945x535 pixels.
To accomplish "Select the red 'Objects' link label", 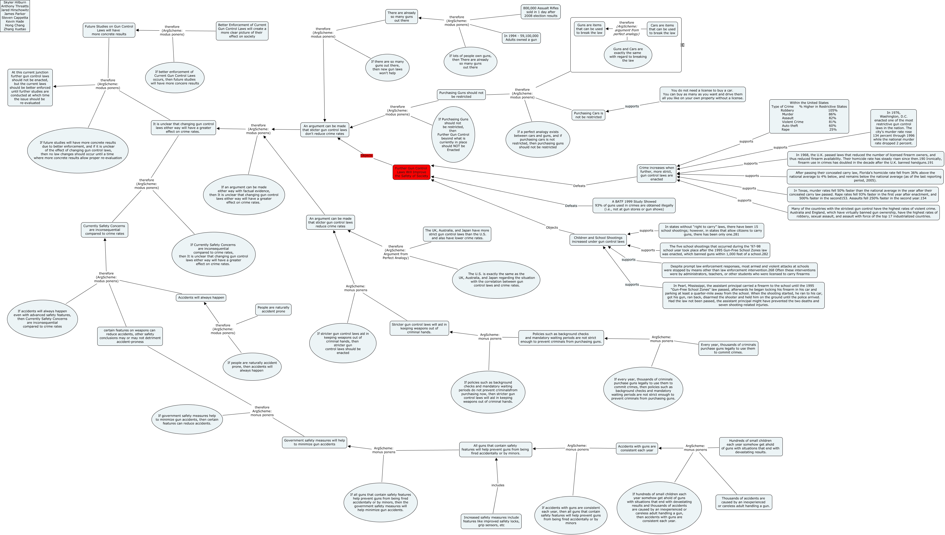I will coord(366,155).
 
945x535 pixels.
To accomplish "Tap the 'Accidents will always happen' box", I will coord(201,298).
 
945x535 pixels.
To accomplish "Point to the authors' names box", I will coord(15,16).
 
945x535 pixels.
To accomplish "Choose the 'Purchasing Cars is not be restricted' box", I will coord(588,115).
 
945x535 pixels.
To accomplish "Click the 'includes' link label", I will coord(498,485).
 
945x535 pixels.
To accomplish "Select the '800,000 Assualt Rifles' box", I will coord(541,12).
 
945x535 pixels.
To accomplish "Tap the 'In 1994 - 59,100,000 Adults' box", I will coord(521,38).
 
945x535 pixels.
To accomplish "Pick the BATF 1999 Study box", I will coord(634,206).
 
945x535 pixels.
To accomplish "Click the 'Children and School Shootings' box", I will coord(598,240).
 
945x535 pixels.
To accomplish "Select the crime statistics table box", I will coord(809,116).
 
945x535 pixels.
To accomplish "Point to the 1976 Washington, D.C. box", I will coord(893,128).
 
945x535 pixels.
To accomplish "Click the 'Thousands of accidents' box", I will coord(743,502).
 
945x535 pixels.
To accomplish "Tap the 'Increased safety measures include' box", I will coord(491,521).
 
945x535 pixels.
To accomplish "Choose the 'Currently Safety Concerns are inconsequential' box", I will coord(104,230).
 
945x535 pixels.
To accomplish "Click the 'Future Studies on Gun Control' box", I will coord(109,30).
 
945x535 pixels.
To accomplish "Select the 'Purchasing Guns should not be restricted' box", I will coord(461,94).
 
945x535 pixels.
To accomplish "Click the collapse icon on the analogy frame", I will coord(682,45).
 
